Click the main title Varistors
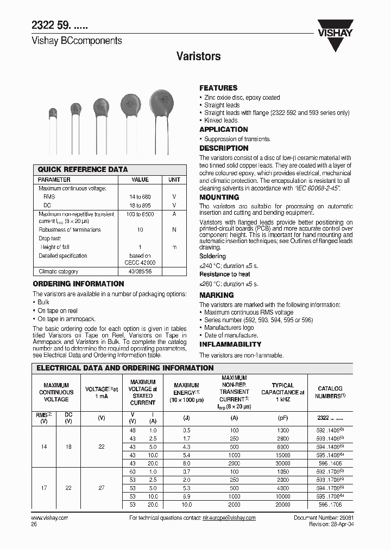[199, 56]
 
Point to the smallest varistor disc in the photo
[53, 113]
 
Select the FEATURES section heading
[218, 88]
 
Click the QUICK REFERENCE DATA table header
[83, 169]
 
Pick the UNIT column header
[174, 180]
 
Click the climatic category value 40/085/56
[140, 271]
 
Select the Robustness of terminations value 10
[140, 229]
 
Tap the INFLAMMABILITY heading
[230, 344]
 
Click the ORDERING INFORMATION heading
[79, 284]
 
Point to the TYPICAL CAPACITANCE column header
[282, 392]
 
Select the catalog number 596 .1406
[330, 463]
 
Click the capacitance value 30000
[282, 463]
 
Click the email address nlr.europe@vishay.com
[226, 518]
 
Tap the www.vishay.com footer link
[51, 518]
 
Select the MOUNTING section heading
[219, 197]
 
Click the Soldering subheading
[212, 256]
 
